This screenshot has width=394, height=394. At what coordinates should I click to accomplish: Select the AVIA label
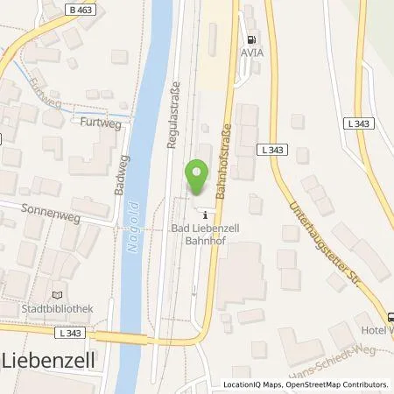pyautogui.click(x=254, y=52)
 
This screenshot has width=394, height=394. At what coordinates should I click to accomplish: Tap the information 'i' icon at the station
pyautogui.click(x=205, y=215)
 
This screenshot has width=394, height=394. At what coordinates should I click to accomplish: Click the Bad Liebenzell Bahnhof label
pyautogui.click(x=202, y=234)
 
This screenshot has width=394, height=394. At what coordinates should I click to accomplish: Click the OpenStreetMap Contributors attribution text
pyautogui.click(x=337, y=384)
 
